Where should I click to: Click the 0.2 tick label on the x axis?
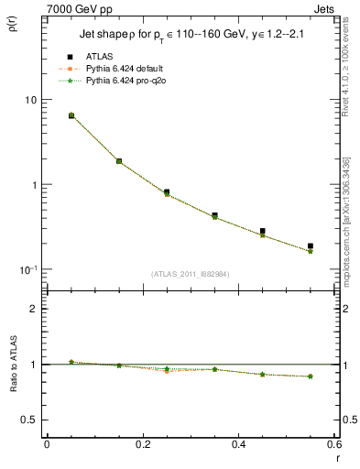(142, 444)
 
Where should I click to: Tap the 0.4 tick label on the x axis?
(238, 444)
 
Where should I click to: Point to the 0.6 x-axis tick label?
(333, 444)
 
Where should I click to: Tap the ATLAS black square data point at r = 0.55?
(311, 246)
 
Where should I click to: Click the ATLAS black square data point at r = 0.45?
(263, 232)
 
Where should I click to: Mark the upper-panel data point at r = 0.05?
(71, 115)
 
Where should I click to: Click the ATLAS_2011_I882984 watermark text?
(191, 273)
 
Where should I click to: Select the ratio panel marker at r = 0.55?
(311, 376)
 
